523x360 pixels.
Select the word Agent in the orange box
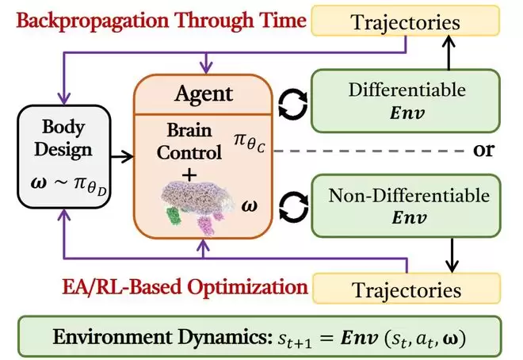pos(204,94)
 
